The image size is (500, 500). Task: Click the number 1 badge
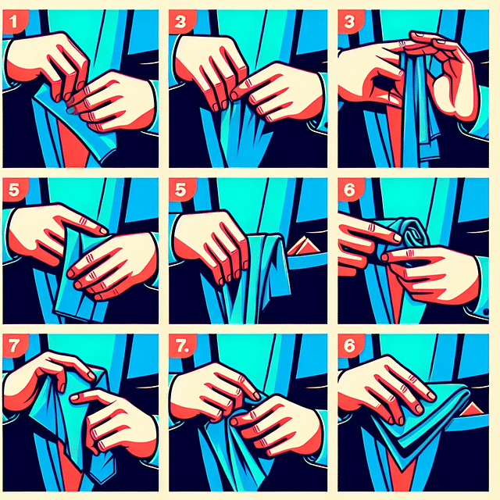(x=15, y=23)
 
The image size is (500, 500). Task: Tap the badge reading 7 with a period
(x=184, y=348)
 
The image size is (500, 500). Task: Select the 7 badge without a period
(x=15, y=348)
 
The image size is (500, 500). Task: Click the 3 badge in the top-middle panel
(x=182, y=23)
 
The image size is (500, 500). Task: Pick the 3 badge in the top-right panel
(x=350, y=23)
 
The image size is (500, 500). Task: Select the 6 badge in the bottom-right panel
(x=350, y=350)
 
